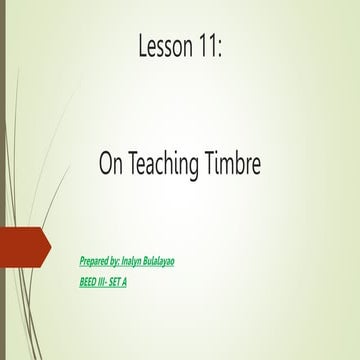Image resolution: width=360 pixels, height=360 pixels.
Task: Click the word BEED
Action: coord(88,282)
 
